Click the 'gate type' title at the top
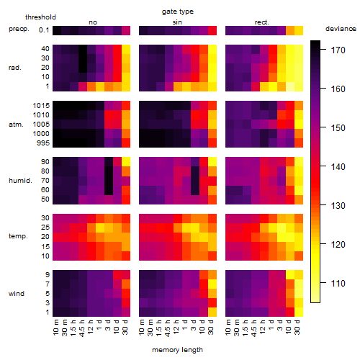pos(178,12)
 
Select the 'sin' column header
pos(177,22)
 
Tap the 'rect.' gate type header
pos(261,22)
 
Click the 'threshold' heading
pos(40,17)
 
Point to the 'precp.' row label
pos(19,29)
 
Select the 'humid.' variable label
pos(20,181)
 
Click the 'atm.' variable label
pos(16,125)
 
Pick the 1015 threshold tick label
pos(41,106)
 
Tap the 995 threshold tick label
pos(43,143)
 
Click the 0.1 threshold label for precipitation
pos(44,30)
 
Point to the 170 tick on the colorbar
pos(338,50)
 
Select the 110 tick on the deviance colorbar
pos(338,284)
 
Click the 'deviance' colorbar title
pos(341,29)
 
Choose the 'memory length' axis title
pos(177,350)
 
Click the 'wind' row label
pos(17,294)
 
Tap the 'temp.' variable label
pos(18,236)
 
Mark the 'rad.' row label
pos(15,68)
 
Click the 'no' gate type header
pos(93,22)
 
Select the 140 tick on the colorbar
pos(338,167)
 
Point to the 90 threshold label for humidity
pos(45,162)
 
